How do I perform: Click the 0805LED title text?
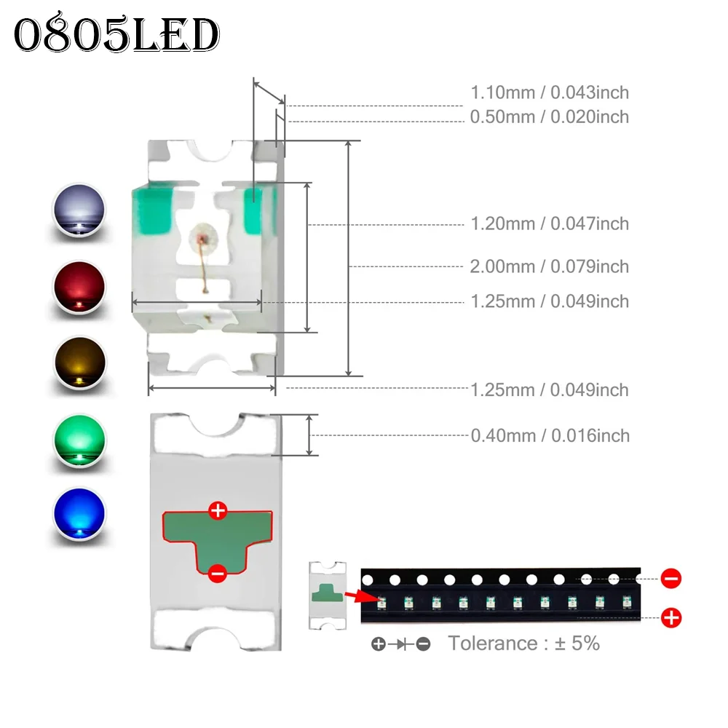click(116, 33)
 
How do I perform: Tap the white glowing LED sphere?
click(79, 210)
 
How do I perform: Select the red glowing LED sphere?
click(79, 288)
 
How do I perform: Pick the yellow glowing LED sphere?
click(80, 363)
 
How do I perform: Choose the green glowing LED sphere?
click(80, 440)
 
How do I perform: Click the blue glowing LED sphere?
click(80, 514)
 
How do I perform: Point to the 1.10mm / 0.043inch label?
click(550, 92)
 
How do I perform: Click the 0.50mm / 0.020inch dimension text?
click(549, 116)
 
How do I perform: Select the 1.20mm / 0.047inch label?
click(550, 223)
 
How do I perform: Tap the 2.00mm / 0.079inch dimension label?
click(549, 266)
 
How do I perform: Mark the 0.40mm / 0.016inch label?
click(550, 435)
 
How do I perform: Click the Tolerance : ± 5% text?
click(523, 644)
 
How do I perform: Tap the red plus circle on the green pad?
click(218, 511)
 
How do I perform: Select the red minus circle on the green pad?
click(217, 574)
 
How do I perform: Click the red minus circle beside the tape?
click(671, 579)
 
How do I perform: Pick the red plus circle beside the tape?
click(671, 618)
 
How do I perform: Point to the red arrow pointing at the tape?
click(362, 597)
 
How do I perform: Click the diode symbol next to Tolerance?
click(401, 644)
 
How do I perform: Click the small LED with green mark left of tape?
click(328, 596)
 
